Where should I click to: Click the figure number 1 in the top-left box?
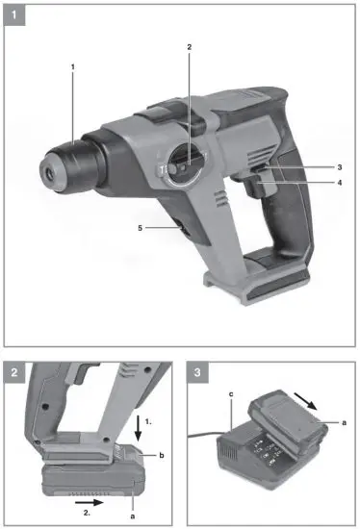(14, 13)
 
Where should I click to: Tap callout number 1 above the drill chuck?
(71, 65)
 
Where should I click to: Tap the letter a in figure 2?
(133, 516)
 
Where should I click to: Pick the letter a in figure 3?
(345, 421)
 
